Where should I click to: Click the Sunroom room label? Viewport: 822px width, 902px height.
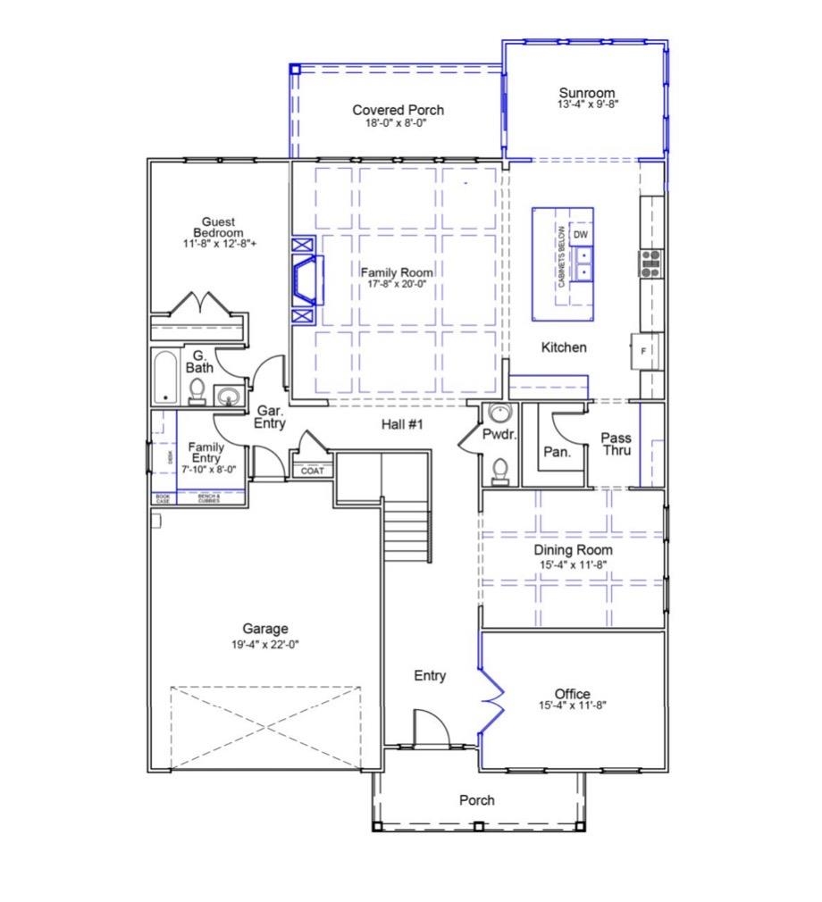pyautogui.click(x=586, y=93)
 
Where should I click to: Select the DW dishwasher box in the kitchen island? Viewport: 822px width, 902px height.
pyautogui.click(x=582, y=234)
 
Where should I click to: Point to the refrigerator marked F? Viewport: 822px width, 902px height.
pyautogui.click(x=645, y=351)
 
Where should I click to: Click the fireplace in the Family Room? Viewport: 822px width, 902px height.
pyautogui.click(x=306, y=279)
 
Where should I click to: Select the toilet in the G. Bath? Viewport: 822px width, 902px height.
pyautogui.click(x=197, y=390)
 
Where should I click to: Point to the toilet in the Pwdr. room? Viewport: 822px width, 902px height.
pyautogui.click(x=500, y=468)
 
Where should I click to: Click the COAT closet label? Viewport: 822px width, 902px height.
pyautogui.click(x=312, y=471)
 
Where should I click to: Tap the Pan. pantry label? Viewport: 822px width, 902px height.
pyautogui.click(x=558, y=453)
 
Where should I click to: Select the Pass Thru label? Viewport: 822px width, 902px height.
pyautogui.click(x=616, y=444)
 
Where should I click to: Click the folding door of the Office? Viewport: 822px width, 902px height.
pyautogui.click(x=491, y=696)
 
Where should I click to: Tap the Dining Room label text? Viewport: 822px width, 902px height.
pyautogui.click(x=573, y=550)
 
